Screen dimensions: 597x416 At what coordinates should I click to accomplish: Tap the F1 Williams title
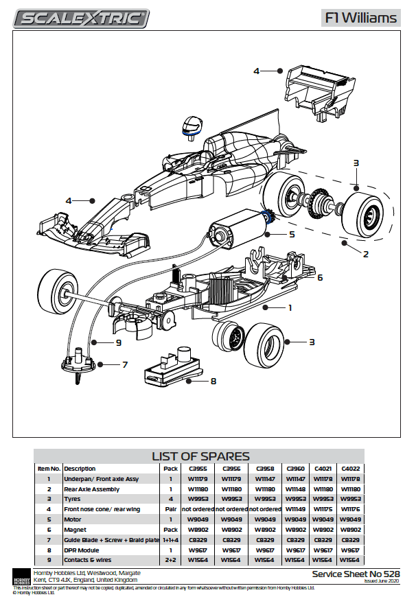pos(360,18)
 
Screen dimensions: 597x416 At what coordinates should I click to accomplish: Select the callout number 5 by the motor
pos(291,234)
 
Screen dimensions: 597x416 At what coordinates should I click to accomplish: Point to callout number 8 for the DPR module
pos(213,381)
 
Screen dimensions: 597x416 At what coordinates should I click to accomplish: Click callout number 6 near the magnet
pos(319,277)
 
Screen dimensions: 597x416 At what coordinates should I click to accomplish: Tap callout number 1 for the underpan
pos(290,308)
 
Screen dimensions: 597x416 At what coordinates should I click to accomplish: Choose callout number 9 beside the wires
pos(118,342)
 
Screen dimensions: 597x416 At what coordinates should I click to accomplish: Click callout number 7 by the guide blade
pos(125,364)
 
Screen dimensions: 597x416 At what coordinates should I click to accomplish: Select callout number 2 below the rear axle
pos(366,254)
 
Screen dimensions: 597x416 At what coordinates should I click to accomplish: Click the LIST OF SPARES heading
pos(200,456)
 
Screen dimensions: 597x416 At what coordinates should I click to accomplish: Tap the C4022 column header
pos(350,469)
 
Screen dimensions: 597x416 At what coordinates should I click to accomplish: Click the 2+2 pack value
pos(170,561)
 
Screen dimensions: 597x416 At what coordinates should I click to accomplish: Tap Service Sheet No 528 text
pos(355,573)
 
